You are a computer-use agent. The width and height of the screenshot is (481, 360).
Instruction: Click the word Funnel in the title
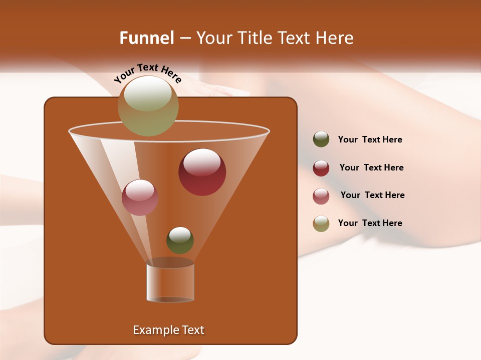click(x=146, y=37)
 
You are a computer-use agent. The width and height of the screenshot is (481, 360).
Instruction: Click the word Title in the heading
click(x=255, y=37)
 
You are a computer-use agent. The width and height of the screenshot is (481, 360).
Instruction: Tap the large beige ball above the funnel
click(x=148, y=105)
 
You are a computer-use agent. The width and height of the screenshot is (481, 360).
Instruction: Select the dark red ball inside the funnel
click(x=202, y=172)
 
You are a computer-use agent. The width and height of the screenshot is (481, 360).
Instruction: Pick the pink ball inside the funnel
click(x=140, y=197)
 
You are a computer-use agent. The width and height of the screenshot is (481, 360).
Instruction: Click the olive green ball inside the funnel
click(x=180, y=240)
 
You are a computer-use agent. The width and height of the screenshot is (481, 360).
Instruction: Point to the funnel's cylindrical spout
click(x=170, y=283)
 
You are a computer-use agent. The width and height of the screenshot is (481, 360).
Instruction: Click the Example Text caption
click(x=168, y=330)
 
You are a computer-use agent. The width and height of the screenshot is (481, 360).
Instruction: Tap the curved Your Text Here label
click(x=147, y=73)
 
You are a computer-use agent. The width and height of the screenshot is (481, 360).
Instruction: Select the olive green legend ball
click(x=321, y=139)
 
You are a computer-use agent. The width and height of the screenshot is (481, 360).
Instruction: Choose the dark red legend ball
click(x=321, y=168)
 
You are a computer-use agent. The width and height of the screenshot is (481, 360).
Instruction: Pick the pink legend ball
click(x=321, y=196)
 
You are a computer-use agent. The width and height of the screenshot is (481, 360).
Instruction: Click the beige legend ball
click(x=321, y=223)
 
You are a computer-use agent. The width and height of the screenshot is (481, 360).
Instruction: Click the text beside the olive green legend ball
click(x=370, y=139)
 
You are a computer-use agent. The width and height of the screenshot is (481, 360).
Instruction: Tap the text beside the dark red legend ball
click(x=371, y=167)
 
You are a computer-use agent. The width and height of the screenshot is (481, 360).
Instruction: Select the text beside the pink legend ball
click(x=372, y=195)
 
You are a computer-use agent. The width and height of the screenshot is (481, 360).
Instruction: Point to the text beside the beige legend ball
click(x=370, y=223)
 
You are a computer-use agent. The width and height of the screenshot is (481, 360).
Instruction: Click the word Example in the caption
click(x=154, y=330)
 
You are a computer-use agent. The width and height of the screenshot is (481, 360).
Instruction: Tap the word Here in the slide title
click(x=335, y=37)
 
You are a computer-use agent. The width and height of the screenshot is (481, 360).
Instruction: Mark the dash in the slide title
click(x=184, y=38)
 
